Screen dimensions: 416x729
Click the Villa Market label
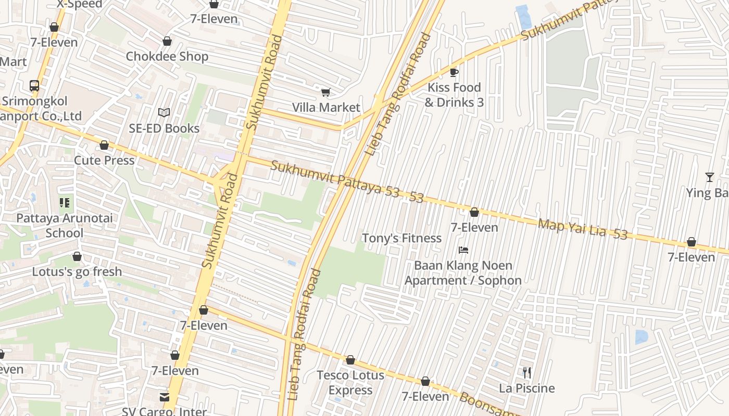pos(326,108)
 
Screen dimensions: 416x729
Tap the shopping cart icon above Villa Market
pos(325,93)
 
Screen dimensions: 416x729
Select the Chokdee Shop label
pos(167,56)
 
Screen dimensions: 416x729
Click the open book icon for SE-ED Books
pos(164,112)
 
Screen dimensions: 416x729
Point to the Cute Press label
pos(104,160)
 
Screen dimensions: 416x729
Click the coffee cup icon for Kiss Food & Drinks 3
pos(454,72)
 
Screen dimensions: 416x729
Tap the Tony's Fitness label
pos(401,238)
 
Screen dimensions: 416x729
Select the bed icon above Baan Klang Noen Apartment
pos(463,250)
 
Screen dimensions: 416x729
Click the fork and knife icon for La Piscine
pos(527,373)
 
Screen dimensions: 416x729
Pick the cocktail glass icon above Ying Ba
pos(709,177)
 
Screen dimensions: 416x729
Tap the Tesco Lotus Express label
pos(350,382)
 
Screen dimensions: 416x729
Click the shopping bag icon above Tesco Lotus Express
pos(350,360)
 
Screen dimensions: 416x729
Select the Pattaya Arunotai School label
pos(64,225)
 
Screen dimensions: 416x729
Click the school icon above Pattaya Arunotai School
pos(65,203)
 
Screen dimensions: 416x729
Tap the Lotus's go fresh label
pos(77,271)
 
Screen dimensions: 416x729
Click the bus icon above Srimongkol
pos(34,86)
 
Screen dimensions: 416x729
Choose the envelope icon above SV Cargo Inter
pos(165,397)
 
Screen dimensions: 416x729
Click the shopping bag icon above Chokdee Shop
pos(167,41)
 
